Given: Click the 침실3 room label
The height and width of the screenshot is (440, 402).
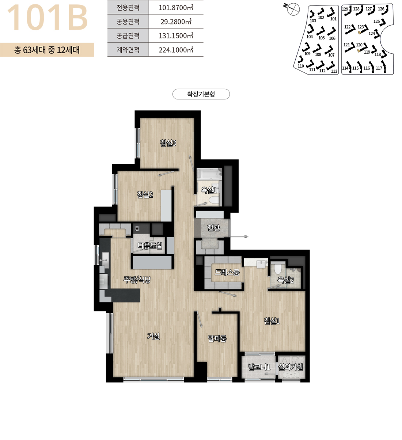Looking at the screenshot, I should pyautogui.click(x=168, y=143).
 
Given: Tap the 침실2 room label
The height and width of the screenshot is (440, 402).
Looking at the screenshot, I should pyautogui.click(x=145, y=194).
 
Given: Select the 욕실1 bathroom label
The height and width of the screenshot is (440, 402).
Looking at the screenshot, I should pyautogui.click(x=209, y=190).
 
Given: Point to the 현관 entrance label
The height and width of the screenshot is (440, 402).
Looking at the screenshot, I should pyautogui.click(x=214, y=228).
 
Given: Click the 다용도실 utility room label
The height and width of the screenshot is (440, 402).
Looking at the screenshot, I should pyautogui.click(x=150, y=246).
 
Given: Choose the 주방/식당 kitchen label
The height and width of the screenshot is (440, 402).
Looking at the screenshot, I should pyautogui.click(x=137, y=280).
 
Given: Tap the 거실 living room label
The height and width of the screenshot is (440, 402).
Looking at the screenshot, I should pyautogui.click(x=153, y=336).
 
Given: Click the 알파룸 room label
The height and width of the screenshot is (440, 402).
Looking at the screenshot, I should pyautogui.click(x=217, y=339).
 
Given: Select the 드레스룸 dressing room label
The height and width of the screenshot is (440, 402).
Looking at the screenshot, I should pyautogui.click(x=227, y=272).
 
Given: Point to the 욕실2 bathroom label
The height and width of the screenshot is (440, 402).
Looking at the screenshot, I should pyautogui.click(x=286, y=280).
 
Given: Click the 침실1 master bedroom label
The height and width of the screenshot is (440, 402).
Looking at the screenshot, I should pyautogui.click(x=272, y=321).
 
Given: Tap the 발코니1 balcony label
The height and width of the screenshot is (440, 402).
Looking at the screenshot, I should pyautogui.click(x=259, y=367).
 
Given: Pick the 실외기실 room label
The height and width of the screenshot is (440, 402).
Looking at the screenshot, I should pyautogui.click(x=291, y=367).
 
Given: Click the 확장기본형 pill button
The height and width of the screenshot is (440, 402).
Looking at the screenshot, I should pyautogui.click(x=201, y=94).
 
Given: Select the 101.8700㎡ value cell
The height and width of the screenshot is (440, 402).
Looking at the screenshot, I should pyautogui.click(x=176, y=8).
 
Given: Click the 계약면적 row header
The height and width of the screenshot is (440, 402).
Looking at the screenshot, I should pyautogui.click(x=128, y=50).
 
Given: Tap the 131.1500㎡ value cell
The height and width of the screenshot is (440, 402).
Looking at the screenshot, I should pyautogui.click(x=176, y=36).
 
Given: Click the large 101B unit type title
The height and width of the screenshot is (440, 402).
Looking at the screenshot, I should pyautogui.click(x=48, y=18).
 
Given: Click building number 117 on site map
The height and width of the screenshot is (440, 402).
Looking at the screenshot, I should pyautogui.click(x=379, y=68).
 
